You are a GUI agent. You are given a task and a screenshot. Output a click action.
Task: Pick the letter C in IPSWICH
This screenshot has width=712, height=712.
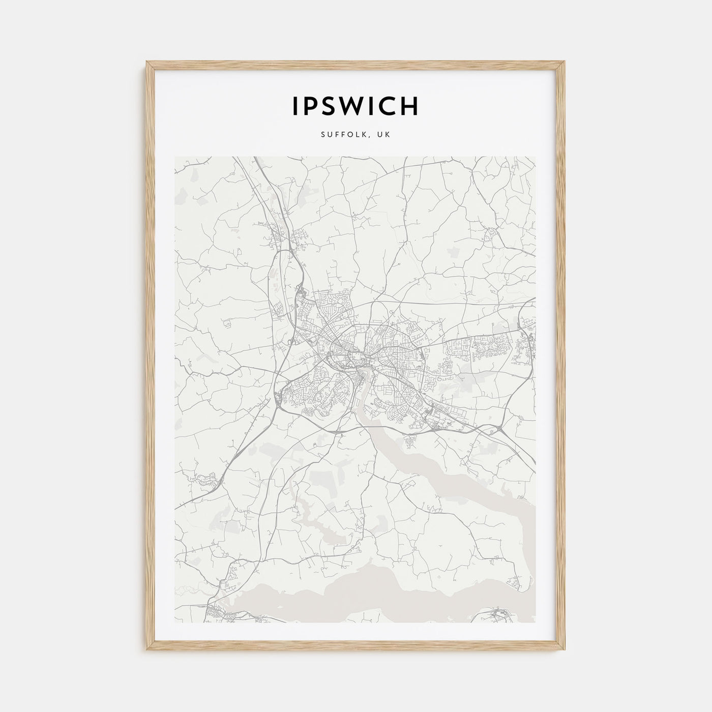tap(389, 106)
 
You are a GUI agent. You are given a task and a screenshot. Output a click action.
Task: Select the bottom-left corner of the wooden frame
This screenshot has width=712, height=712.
tap(147, 650)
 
